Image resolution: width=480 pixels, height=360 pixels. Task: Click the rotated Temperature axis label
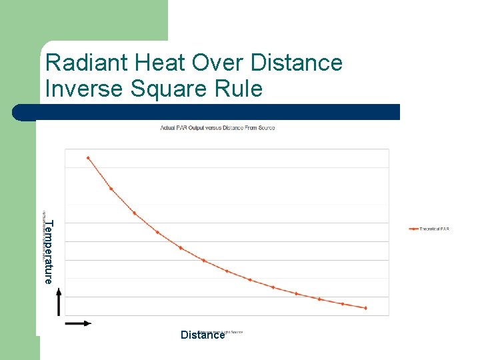(x=48, y=251)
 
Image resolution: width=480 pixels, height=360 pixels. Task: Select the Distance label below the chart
(x=203, y=335)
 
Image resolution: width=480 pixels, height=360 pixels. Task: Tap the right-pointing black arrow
(x=78, y=323)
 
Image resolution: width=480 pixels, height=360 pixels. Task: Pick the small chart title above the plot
(x=217, y=127)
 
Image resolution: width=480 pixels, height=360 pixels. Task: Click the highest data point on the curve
(x=88, y=158)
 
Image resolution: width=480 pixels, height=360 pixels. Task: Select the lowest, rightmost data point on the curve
(x=366, y=308)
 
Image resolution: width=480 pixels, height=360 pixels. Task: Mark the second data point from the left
(x=111, y=189)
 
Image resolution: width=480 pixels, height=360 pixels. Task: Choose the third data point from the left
(x=135, y=213)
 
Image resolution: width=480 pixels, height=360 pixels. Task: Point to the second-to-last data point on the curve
(x=343, y=304)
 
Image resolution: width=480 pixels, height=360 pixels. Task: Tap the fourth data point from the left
(x=157, y=233)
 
